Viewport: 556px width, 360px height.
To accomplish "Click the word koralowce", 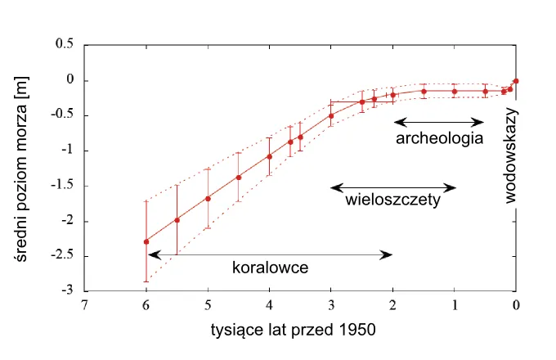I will [271, 267].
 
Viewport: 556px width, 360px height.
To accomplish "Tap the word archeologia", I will [433, 138].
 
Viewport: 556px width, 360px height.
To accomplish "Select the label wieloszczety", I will [392, 200].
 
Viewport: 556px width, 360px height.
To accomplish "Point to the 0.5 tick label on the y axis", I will [65, 45].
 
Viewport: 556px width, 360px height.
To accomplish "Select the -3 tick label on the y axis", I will [69, 291].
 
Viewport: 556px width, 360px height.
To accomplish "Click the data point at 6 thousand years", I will [146, 241].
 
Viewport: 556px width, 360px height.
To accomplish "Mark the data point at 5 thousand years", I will [208, 198].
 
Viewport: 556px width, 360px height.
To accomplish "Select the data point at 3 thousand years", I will [331, 115].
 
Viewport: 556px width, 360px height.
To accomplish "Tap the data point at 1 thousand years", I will [455, 91].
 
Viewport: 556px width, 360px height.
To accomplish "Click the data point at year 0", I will [516, 81].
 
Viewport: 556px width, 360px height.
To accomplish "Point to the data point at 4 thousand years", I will [269, 156].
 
